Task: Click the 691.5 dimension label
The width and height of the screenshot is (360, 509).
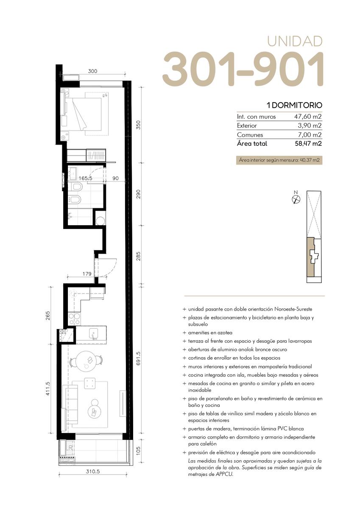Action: pyautogui.click(x=139, y=358)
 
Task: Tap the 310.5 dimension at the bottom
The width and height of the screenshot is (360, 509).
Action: pyautogui.click(x=93, y=472)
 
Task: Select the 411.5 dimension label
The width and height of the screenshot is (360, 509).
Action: pyautogui.click(x=47, y=389)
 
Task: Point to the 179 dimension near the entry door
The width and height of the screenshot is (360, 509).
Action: pyautogui.click(x=87, y=274)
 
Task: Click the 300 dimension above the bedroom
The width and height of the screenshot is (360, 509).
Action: pyautogui.click(x=93, y=71)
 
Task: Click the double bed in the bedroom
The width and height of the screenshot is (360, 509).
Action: pyautogui.click(x=87, y=114)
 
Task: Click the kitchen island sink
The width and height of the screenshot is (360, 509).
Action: pyautogui.click(x=93, y=333)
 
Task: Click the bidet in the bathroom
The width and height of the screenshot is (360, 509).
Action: pyautogui.click(x=74, y=199)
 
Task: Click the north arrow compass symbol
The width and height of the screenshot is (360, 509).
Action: pyautogui.click(x=296, y=199)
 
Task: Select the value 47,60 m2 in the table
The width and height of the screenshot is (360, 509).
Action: pyautogui.click(x=308, y=117)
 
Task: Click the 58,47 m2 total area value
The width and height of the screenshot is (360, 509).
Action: pyautogui.click(x=308, y=144)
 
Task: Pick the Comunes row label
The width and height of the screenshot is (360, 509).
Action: pyautogui.click(x=250, y=135)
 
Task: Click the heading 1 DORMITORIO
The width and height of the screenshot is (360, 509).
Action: pyautogui.click(x=294, y=105)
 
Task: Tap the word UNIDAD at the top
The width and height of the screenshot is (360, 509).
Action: pyautogui.click(x=295, y=41)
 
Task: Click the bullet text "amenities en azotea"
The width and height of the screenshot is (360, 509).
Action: pyautogui.click(x=210, y=333)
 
